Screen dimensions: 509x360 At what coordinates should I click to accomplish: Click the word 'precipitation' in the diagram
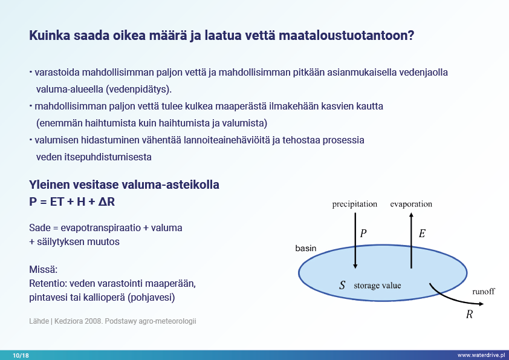tap(354, 205)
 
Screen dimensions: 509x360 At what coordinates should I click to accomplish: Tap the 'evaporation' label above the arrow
tap(411, 205)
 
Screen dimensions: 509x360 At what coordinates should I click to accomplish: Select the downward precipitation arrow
tap(355, 240)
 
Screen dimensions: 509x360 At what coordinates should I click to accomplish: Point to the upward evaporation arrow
tap(411, 240)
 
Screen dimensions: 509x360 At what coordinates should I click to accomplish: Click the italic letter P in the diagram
tap(363, 234)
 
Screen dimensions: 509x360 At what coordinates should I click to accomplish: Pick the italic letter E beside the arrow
tap(422, 234)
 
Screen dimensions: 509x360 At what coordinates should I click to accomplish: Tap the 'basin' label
tap(305, 248)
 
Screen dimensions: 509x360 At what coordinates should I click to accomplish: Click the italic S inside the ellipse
tap(342, 285)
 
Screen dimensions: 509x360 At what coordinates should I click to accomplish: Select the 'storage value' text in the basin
tap(377, 286)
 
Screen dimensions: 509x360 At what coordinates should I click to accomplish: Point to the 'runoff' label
tap(484, 292)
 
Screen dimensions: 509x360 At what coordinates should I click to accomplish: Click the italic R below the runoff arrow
tap(469, 314)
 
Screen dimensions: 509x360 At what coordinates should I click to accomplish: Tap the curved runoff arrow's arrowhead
tap(481, 304)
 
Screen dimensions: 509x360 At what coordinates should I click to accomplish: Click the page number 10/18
tap(21, 355)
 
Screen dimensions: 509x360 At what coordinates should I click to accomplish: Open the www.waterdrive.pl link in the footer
tap(481, 355)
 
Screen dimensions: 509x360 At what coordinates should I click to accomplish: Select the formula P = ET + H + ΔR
tap(72, 201)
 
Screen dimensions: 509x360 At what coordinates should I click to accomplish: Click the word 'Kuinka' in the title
tap(50, 36)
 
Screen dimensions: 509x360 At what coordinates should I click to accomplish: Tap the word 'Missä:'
tap(43, 270)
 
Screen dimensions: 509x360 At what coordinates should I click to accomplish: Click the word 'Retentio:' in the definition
tap(48, 284)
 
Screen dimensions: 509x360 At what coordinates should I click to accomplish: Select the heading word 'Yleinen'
tap(50, 185)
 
